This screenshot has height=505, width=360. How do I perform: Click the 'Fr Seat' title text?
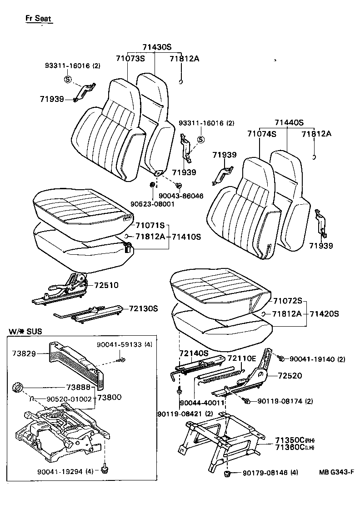(38, 19)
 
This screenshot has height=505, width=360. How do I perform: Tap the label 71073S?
(130, 58)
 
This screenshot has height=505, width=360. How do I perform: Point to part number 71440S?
(289, 122)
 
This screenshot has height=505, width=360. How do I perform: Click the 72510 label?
(106, 285)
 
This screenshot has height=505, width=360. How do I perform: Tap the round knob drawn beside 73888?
(18, 387)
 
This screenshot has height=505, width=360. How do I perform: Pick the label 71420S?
(325, 314)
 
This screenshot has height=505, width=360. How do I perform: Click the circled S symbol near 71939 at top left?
(67, 80)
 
